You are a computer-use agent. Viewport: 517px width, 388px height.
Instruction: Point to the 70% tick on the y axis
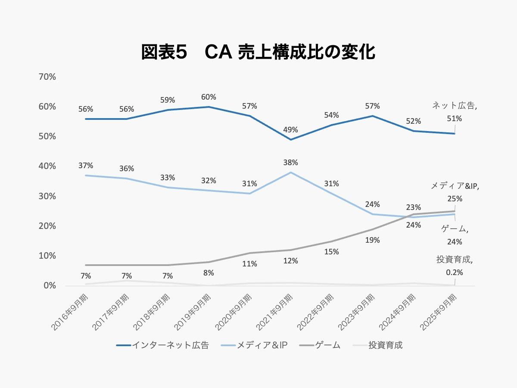coord(47,77)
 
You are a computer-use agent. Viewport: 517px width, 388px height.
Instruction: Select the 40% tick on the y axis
coord(47,166)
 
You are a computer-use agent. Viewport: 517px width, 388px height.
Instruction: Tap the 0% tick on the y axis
coord(50,286)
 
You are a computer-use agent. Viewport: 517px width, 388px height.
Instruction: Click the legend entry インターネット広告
coord(162,345)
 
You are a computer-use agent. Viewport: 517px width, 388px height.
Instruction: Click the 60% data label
coord(209,97)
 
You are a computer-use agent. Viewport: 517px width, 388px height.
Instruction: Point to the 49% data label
coord(291,130)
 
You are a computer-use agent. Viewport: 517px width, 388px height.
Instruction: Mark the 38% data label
coord(291,163)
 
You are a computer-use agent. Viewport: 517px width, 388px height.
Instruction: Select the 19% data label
coord(373,240)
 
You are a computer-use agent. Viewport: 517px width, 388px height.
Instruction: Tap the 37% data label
coord(86,166)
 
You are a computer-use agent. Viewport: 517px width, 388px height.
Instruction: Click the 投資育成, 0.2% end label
coord(455,266)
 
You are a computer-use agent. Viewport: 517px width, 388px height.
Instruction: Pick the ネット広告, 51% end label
coord(455,112)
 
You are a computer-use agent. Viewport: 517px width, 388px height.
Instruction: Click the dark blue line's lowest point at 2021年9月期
coord(291,140)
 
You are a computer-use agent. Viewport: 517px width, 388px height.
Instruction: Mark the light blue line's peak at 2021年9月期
coord(291,172)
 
